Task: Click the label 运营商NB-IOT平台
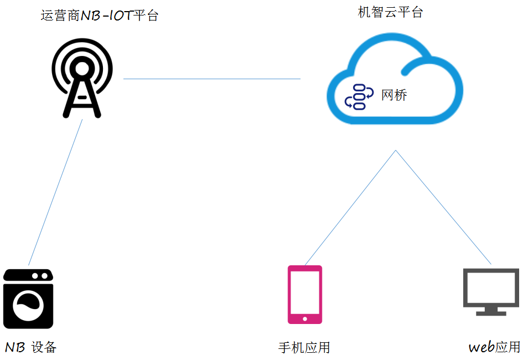[x=100, y=16]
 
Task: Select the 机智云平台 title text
[x=390, y=12]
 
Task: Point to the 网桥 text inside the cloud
[x=394, y=95]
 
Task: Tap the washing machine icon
[x=28, y=300]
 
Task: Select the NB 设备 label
[x=31, y=347]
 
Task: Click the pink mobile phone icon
[x=304, y=294]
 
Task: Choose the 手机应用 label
[x=304, y=348]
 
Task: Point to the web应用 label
[x=494, y=347]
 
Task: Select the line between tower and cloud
[x=211, y=79]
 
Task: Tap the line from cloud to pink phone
[x=350, y=207]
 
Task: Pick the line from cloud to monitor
[x=443, y=207]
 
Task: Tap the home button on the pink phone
[x=304, y=318]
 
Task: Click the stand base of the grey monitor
[x=491, y=313]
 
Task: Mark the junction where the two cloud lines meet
[x=395, y=150]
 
